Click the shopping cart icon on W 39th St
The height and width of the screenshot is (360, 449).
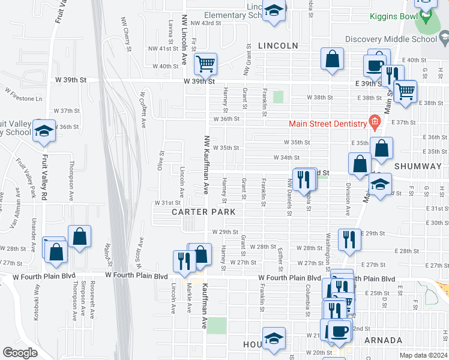pos(205,63)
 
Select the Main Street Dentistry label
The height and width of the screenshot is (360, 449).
pos(327,124)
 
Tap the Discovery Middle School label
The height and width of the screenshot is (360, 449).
pos(391,40)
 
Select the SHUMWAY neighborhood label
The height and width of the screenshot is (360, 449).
pos(418,165)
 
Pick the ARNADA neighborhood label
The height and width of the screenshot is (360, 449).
pos(383,340)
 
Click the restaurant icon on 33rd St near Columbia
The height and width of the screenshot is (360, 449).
pos(306,178)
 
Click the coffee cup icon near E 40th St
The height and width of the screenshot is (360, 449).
pos(376,64)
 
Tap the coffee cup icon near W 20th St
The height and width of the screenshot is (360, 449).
pos(339,330)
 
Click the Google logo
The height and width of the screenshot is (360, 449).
pos(20,353)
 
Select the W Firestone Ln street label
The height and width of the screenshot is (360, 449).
pos(24,95)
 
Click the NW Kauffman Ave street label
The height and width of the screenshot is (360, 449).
pos(205,164)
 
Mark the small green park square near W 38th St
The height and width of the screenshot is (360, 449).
pos(278,97)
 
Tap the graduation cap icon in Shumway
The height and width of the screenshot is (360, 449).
pos(379,184)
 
